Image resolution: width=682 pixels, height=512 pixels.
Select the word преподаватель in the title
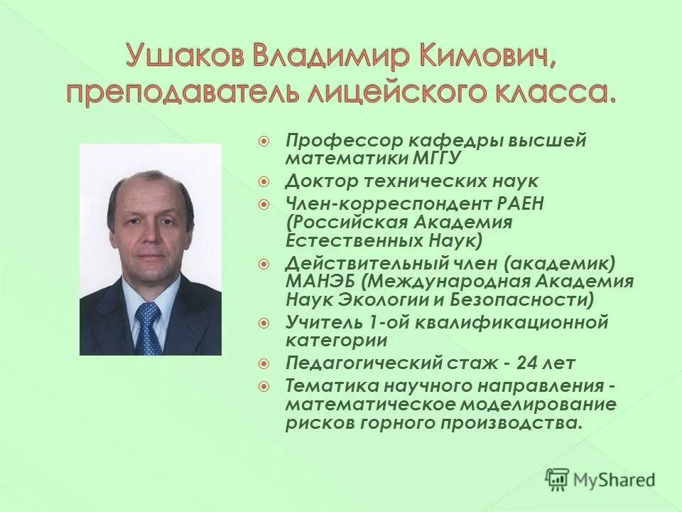[x=158, y=92]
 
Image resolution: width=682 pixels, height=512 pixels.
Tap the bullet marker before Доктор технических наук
[x=264, y=181]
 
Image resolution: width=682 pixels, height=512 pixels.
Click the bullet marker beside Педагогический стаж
[x=264, y=363]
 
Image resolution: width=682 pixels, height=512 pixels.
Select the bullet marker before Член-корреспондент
[x=264, y=205]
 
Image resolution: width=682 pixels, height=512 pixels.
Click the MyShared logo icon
[x=558, y=479]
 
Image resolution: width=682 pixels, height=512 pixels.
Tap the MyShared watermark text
[x=615, y=479]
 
